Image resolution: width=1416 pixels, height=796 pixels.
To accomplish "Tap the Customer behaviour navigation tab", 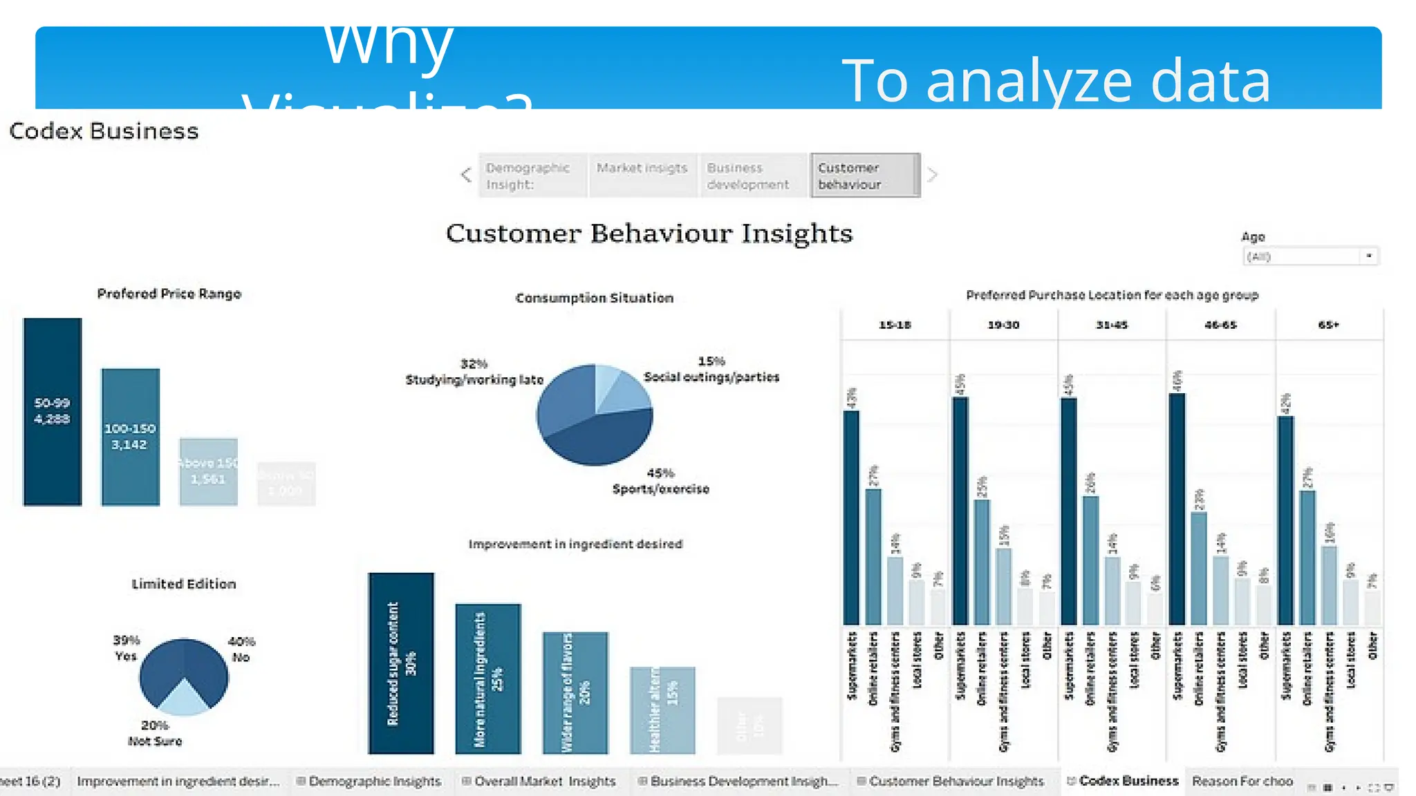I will click(x=864, y=176).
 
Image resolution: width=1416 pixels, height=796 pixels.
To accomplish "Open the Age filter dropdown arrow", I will click(x=1368, y=256).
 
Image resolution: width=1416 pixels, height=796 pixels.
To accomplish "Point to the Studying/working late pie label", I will click(x=474, y=379).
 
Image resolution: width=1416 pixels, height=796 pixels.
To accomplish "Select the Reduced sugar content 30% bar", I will click(x=401, y=663).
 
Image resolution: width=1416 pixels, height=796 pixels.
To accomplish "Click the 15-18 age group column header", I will click(x=895, y=325).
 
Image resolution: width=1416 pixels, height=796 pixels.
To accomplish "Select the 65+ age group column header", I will click(x=1328, y=325).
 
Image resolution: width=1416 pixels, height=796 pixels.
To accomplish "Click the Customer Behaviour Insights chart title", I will click(x=649, y=234).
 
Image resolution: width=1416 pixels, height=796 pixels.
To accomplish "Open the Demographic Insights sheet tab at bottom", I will click(x=373, y=781).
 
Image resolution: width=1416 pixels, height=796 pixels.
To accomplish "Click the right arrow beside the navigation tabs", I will click(x=932, y=175).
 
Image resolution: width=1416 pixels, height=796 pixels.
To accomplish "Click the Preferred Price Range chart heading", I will click(x=169, y=294).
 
